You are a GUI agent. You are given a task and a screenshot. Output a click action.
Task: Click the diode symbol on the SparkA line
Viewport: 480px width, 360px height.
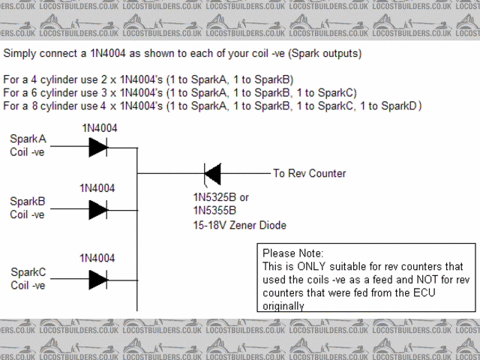(x=97, y=148)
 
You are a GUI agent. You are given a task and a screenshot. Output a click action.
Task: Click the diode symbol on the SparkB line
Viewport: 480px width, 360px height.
(x=97, y=208)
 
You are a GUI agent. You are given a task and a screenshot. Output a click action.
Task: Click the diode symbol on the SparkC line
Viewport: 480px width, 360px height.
(x=97, y=279)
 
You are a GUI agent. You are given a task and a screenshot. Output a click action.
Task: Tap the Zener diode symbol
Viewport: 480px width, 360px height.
(x=212, y=174)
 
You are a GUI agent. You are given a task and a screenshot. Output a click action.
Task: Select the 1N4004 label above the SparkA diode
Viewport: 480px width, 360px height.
(x=98, y=127)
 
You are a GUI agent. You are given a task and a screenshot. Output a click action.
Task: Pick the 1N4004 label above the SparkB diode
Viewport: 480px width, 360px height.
(x=98, y=188)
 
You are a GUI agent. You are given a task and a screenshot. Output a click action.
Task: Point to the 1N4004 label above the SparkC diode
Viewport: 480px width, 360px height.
(x=98, y=258)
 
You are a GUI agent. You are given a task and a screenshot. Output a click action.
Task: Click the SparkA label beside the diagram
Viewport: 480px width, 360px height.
(x=28, y=139)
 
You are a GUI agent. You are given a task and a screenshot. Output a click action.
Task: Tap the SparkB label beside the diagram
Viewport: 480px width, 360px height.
(x=28, y=201)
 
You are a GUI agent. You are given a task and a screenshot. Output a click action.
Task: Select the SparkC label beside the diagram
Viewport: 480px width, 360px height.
(x=28, y=271)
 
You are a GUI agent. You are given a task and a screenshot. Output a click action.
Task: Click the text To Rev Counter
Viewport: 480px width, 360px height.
(x=309, y=173)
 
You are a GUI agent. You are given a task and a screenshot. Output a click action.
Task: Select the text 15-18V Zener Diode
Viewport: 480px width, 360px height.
(x=239, y=225)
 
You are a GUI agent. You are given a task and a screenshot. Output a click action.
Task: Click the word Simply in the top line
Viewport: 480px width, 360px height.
(x=20, y=54)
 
